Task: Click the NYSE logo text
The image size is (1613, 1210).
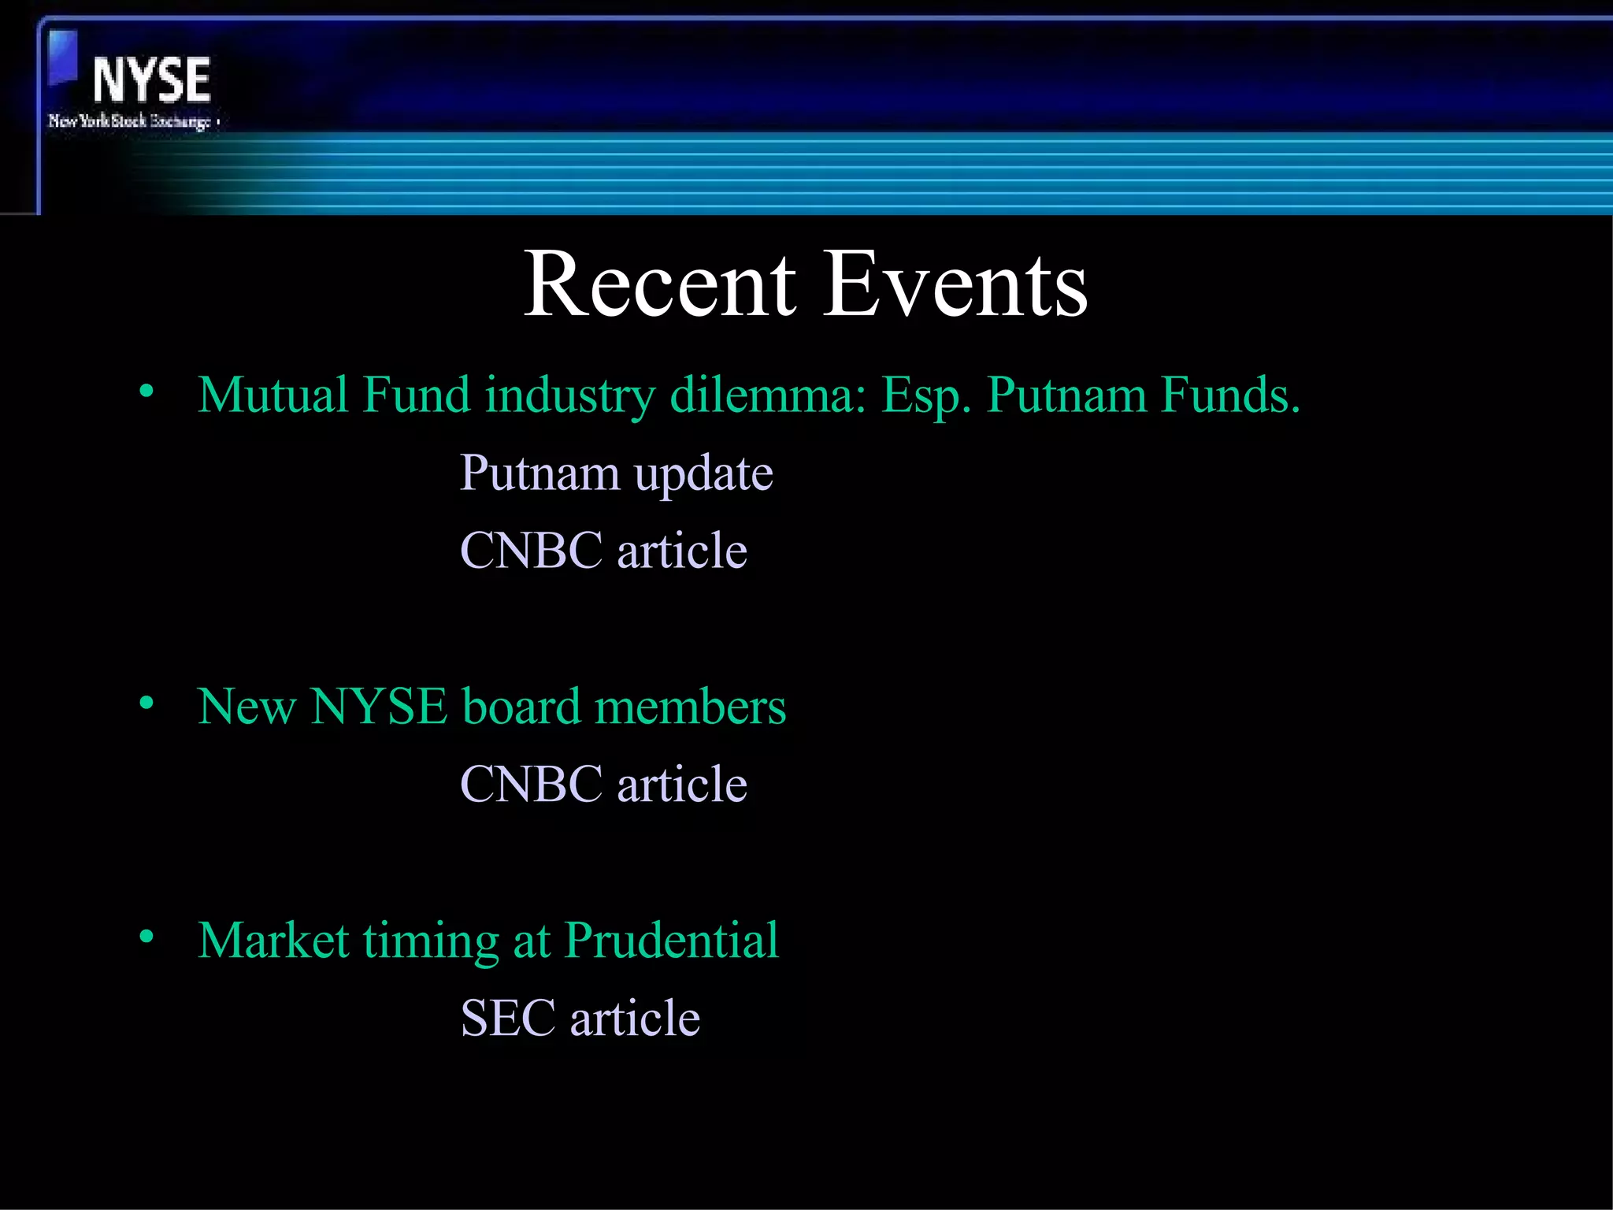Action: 151,80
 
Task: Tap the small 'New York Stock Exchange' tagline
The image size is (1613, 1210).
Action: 131,121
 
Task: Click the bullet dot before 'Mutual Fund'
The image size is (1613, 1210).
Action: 146,392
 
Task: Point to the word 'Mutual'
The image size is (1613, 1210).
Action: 273,395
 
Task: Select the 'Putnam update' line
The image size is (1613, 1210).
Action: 616,473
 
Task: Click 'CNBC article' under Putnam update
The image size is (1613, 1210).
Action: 603,550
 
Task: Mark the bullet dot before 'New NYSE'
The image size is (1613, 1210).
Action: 146,703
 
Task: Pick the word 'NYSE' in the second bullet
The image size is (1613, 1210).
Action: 379,706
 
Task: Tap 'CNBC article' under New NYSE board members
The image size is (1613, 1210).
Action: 603,784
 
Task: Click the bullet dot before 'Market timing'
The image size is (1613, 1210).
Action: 146,937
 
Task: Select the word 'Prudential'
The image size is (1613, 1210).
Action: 671,940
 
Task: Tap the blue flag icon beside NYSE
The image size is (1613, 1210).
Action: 63,57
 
